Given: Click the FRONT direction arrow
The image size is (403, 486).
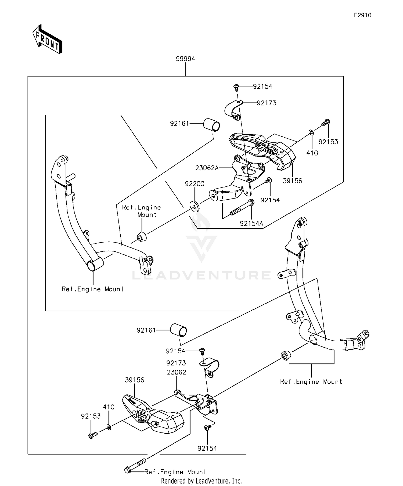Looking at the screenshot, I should click(x=47, y=39).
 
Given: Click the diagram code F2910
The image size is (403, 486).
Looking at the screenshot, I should click(x=362, y=15).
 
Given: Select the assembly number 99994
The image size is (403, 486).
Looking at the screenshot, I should click(x=185, y=59).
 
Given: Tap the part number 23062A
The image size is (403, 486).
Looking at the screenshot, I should click(x=207, y=168).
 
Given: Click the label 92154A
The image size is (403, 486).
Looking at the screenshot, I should click(x=251, y=223).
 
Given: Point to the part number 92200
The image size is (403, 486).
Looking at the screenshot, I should click(x=195, y=184).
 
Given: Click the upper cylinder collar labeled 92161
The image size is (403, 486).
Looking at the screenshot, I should click(x=211, y=125).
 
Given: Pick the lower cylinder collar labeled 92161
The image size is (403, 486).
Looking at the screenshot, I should click(x=178, y=330).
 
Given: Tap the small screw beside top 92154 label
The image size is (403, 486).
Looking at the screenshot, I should click(x=236, y=87).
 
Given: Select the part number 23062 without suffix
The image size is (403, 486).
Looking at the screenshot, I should click(x=176, y=372).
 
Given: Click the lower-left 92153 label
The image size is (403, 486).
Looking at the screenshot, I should click(x=91, y=416).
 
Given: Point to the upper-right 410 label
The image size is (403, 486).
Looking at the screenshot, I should click(x=312, y=153).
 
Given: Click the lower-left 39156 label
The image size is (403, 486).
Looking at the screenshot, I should click(x=134, y=380).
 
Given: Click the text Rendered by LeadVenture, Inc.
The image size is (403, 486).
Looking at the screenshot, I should click(x=201, y=481).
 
